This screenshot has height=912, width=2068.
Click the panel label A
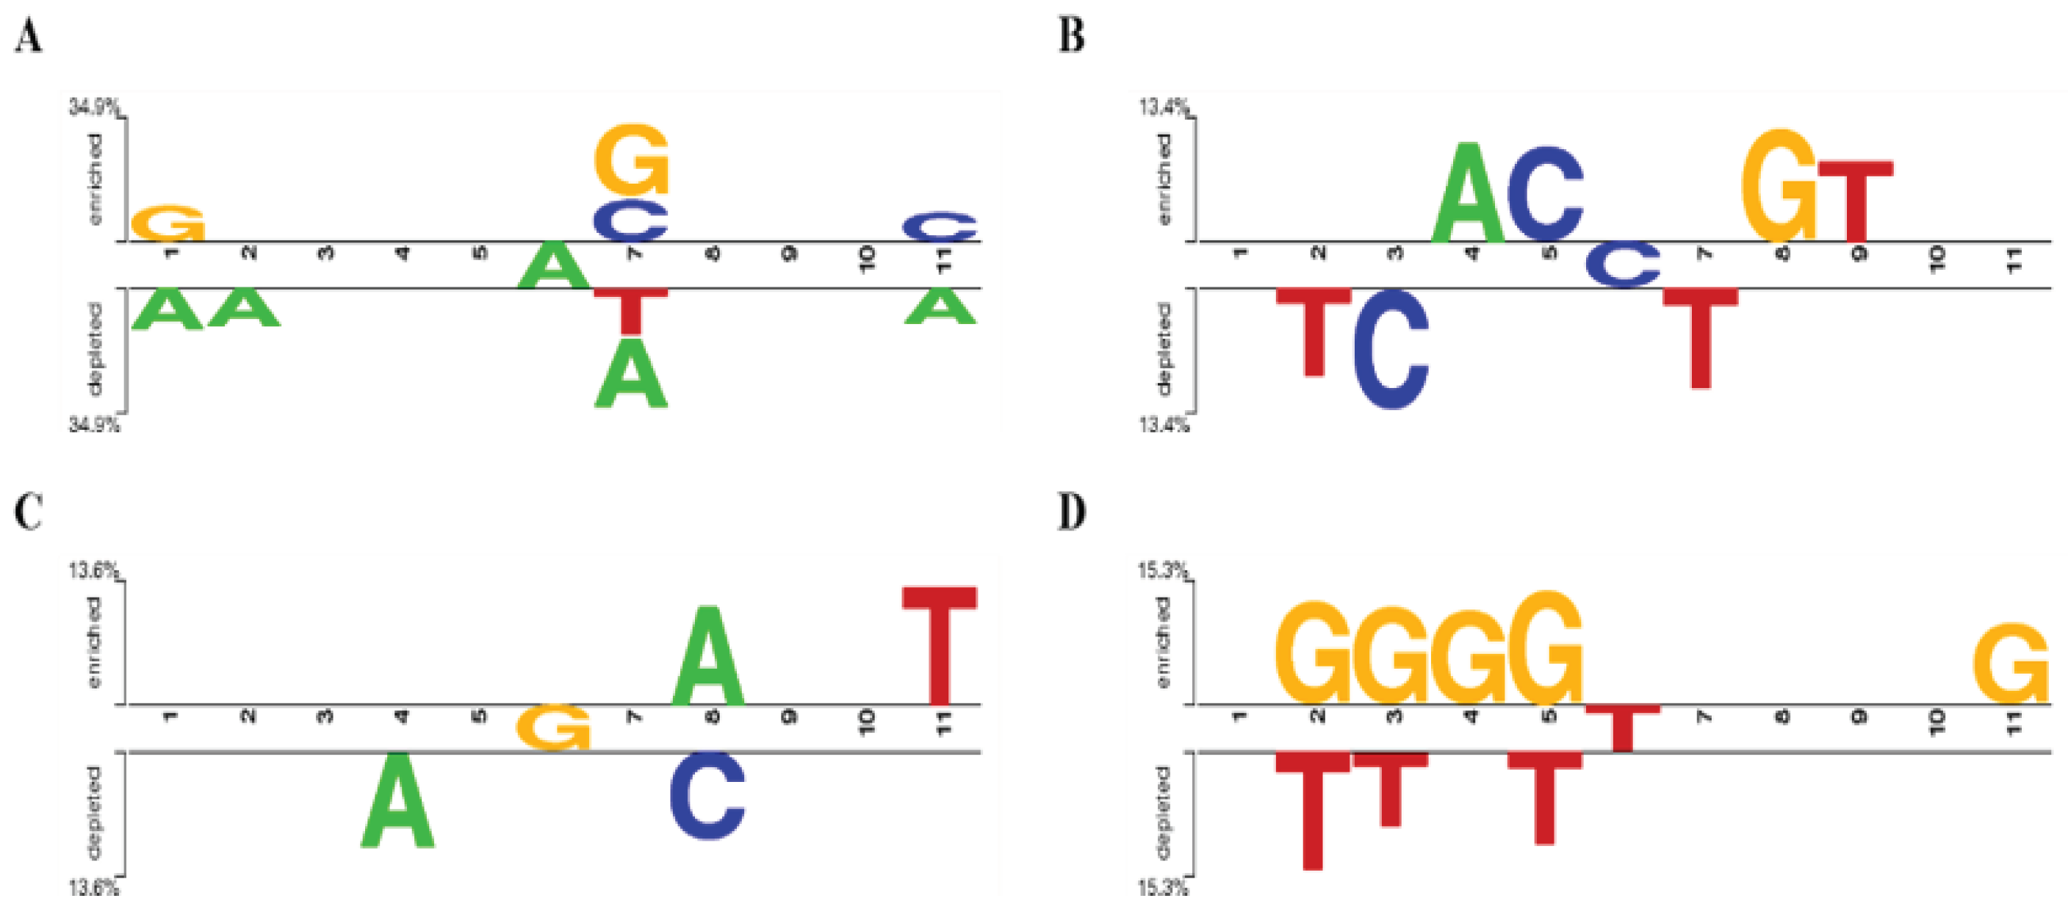(x=28, y=36)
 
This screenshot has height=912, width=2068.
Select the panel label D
(x=1072, y=511)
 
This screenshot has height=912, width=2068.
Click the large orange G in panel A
(x=632, y=159)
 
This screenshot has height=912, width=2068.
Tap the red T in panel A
(x=631, y=311)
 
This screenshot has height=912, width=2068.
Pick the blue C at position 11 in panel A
(x=940, y=226)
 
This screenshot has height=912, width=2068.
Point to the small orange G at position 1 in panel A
(x=167, y=223)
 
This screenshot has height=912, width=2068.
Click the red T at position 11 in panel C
(x=940, y=644)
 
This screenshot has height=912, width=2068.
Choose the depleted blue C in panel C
(x=707, y=796)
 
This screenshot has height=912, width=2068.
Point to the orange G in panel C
(x=553, y=727)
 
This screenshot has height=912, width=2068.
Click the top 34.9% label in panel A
(x=93, y=106)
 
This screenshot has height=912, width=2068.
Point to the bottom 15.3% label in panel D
(x=1161, y=888)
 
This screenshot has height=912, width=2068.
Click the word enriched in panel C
(x=95, y=642)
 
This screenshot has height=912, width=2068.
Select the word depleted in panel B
(x=1163, y=349)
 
